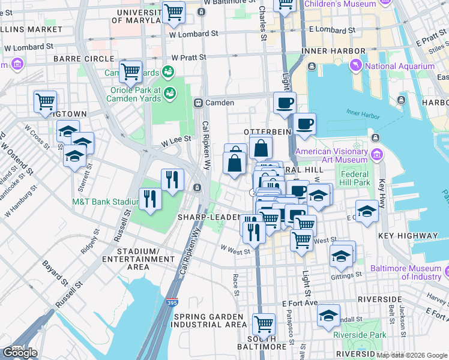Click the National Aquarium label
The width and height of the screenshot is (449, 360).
click(x=400, y=67)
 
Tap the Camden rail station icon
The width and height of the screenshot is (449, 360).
click(x=197, y=103)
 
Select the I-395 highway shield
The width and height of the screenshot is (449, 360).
click(x=172, y=303)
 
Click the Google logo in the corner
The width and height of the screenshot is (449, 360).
click(x=20, y=353)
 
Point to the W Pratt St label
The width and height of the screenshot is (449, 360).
click(x=188, y=58)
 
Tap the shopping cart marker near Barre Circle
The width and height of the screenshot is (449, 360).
click(x=130, y=71)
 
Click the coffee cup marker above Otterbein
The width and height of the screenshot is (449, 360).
click(x=285, y=102)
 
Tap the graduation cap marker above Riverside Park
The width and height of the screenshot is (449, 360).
click(x=328, y=316)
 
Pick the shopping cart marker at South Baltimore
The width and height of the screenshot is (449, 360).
click(x=264, y=324)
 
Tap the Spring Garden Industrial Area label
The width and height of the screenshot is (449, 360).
click(x=207, y=320)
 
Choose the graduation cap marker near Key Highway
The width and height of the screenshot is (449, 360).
click(x=366, y=211)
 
